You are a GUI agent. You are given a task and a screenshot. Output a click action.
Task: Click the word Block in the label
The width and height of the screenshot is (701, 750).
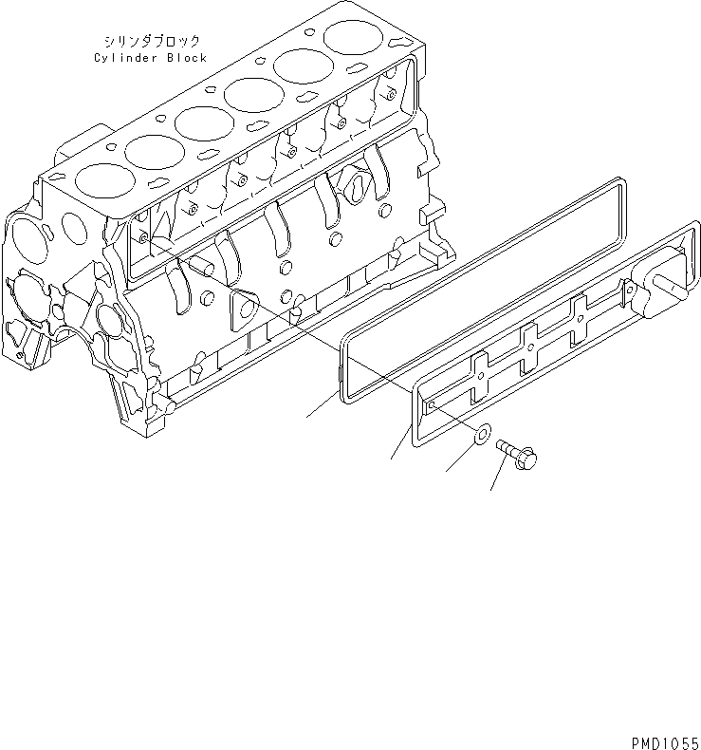(x=186, y=58)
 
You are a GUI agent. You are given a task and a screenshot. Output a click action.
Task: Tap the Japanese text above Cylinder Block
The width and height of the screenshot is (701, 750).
(x=152, y=42)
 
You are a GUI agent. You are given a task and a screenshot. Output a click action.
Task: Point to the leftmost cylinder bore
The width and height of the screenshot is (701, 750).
(x=98, y=178)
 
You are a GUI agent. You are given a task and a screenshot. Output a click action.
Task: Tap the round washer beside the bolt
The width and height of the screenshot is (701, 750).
(x=481, y=436)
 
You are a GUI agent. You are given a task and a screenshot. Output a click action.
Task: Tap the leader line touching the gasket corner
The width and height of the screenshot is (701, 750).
(x=323, y=404)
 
